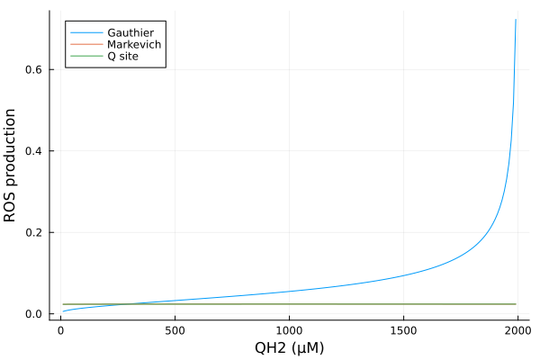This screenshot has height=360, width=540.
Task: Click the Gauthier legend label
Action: coord(130,32)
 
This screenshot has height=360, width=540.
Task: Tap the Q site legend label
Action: coord(123,56)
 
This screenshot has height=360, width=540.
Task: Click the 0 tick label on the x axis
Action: coord(60,330)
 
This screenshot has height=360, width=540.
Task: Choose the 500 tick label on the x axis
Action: coord(175,330)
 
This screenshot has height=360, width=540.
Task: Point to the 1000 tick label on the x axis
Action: coord(289,330)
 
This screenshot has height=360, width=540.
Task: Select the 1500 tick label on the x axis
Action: coord(403,330)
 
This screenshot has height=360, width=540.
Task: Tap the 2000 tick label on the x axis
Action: coord(517,330)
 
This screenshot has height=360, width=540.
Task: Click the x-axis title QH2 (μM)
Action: coord(288,347)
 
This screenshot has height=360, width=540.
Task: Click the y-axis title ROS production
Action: coord(11,166)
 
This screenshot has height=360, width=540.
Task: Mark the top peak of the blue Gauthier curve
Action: coord(516,20)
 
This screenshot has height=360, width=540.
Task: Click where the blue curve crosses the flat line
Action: coord(129,304)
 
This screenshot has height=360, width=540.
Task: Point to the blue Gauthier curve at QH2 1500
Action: coord(403,274)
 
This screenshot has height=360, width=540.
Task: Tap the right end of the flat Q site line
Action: coord(516,304)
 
